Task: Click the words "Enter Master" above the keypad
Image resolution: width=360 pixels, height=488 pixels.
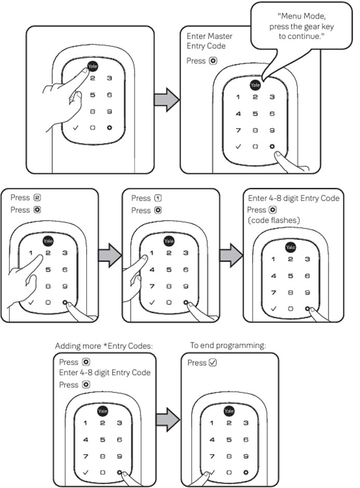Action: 209,36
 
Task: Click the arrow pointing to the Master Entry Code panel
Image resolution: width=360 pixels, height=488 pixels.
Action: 167,99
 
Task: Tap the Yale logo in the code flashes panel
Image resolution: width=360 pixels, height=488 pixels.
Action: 290,247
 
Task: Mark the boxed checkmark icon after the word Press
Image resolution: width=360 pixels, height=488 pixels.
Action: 212,362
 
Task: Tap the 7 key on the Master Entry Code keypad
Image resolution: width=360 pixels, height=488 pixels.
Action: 238,130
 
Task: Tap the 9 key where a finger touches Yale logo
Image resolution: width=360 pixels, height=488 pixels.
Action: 109,111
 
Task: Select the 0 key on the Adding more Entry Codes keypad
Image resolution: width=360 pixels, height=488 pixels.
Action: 103,472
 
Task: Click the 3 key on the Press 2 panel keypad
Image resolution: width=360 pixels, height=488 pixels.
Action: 65,253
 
